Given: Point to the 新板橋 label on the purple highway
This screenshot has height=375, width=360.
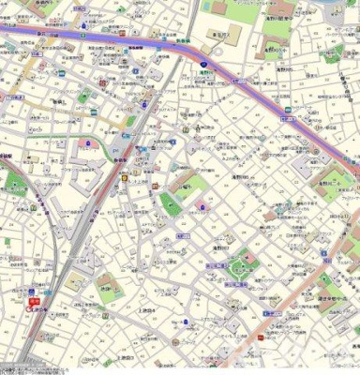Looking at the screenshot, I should pyautogui.click(x=135, y=45).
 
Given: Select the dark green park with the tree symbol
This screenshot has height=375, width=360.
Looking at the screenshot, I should pyautogui.click(x=171, y=204).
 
